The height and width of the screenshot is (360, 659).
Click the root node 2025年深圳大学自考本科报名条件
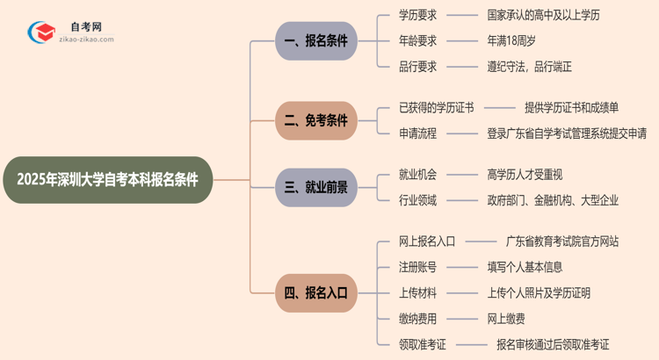(107, 180)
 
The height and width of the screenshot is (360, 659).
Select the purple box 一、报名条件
(315, 40)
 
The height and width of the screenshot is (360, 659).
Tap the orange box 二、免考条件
(315, 120)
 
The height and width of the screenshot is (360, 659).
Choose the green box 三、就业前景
(315, 187)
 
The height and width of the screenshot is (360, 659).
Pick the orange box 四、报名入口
(315, 292)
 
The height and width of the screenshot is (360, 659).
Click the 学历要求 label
(417, 15)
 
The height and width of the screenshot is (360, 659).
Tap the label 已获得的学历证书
(436, 108)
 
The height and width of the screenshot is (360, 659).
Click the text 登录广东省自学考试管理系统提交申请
(567, 133)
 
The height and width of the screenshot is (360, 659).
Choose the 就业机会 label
(417, 175)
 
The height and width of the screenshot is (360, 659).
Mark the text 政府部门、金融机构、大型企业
(553, 200)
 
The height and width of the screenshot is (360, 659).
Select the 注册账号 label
(417, 267)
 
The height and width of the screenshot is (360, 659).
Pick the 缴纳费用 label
(417, 318)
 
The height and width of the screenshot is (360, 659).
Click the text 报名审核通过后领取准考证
(552, 344)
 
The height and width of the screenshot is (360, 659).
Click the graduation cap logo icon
(39, 33)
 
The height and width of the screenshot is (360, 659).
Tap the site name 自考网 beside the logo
(85, 27)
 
